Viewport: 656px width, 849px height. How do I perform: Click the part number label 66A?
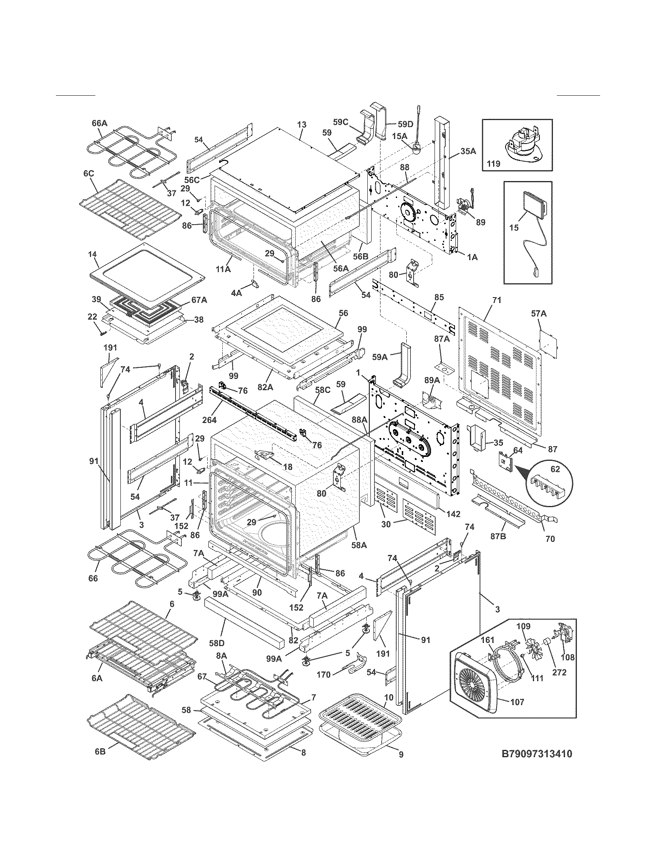point(99,123)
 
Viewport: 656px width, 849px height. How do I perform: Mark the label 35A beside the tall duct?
point(468,152)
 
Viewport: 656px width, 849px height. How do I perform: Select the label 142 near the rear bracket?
point(453,514)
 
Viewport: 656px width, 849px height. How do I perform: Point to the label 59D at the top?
point(405,124)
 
